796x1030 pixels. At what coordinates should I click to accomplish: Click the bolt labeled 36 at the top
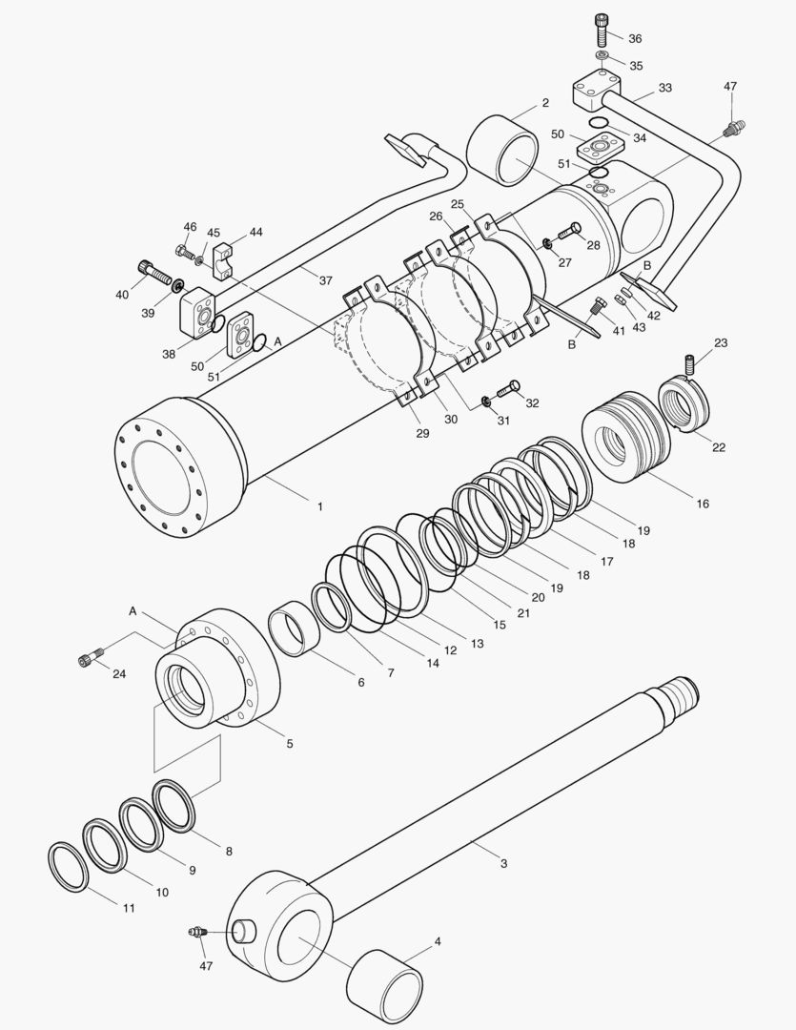click(x=602, y=31)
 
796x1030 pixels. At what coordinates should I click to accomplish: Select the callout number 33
click(x=664, y=88)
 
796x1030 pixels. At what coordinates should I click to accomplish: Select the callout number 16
click(x=702, y=504)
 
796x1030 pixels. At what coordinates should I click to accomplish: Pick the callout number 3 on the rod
click(x=503, y=863)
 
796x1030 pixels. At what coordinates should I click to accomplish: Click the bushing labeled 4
click(x=384, y=983)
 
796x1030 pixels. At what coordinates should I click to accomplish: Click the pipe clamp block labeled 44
click(x=224, y=261)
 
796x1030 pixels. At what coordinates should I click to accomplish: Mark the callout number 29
click(x=422, y=434)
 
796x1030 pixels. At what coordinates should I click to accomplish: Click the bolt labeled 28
click(x=569, y=229)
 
